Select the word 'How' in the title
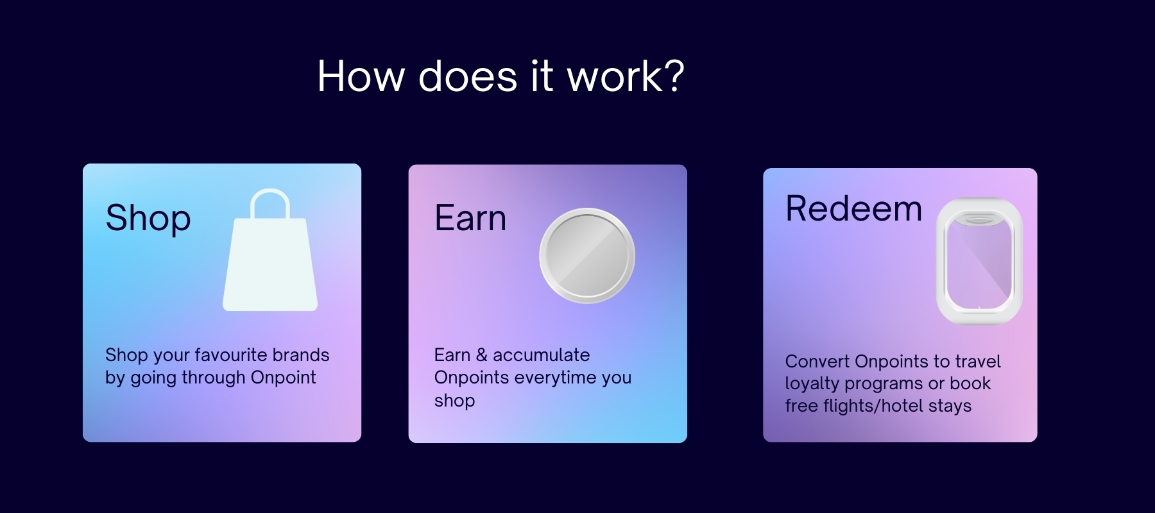click(361, 76)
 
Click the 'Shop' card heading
click(148, 219)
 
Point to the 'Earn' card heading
click(470, 218)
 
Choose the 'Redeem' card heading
click(854, 208)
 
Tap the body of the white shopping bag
click(270, 264)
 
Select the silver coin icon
click(587, 256)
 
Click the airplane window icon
click(979, 260)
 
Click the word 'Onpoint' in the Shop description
click(283, 378)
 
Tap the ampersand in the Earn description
click(481, 355)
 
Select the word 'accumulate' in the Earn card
click(542, 355)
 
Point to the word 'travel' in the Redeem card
click(979, 361)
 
